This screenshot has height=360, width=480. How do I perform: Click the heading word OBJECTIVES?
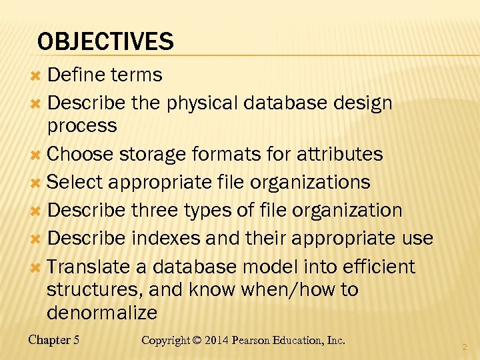pyautogui.click(x=105, y=42)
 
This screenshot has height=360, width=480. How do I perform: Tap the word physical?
pyautogui.click(x=203, y=103)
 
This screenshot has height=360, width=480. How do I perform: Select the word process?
pyautogui.click(x=82, y=125)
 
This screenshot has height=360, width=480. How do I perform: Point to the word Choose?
pyautogui.click(x=81, y=154)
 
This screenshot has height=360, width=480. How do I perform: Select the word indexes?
pyautogui.click(x=169, y=238)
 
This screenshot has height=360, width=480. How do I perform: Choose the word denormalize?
pyautogui.click(x=102, y=312)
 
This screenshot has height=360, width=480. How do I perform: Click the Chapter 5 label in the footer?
pyautogui.click(x=54, y=340)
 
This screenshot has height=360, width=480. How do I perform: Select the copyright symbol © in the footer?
pyautogui.click(x=196, y=340)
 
